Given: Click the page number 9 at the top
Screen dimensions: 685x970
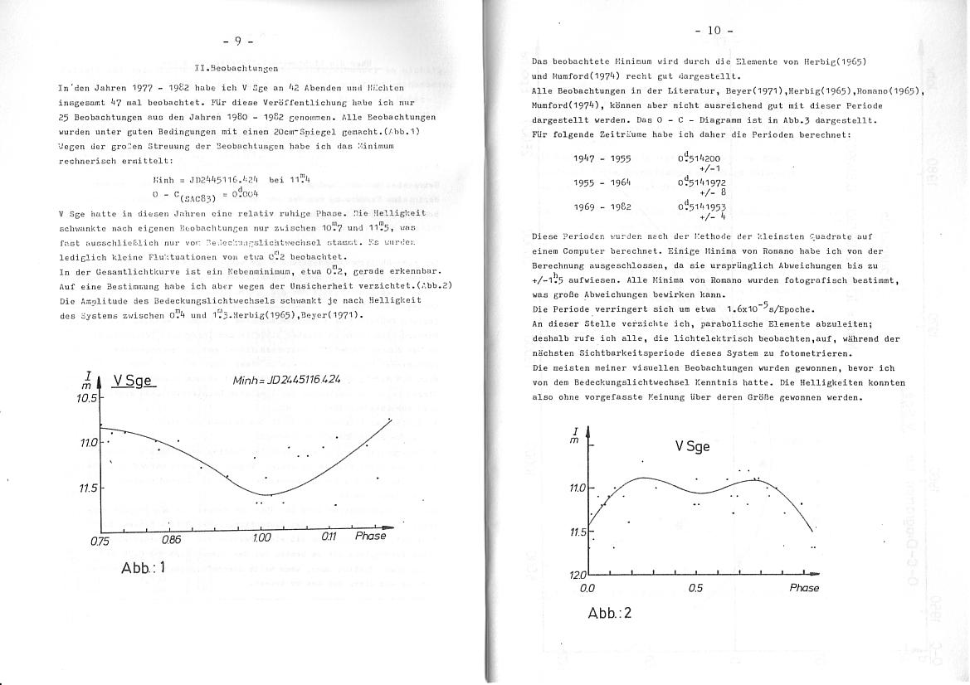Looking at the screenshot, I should pos(238,40).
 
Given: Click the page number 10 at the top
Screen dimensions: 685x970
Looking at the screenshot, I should pos(713,32).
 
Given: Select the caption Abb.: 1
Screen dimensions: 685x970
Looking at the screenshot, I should pos(144,568).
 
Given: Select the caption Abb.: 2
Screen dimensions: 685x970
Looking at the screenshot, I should pos(610,615).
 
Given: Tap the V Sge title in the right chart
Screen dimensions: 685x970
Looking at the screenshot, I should pos(690,447).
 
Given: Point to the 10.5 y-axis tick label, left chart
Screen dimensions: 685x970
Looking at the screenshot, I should pos(85,398).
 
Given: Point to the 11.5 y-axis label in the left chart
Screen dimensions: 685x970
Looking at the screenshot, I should pos(88,488).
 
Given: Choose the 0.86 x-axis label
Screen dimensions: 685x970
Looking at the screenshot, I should pos(171,539).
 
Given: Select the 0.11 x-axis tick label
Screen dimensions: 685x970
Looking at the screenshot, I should pos(329,537).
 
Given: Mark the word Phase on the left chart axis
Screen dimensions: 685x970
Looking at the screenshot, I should pos(370,536).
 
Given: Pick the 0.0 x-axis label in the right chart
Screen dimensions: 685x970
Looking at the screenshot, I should pos(588,588).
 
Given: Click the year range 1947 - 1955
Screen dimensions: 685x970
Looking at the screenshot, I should pos(601,158).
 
